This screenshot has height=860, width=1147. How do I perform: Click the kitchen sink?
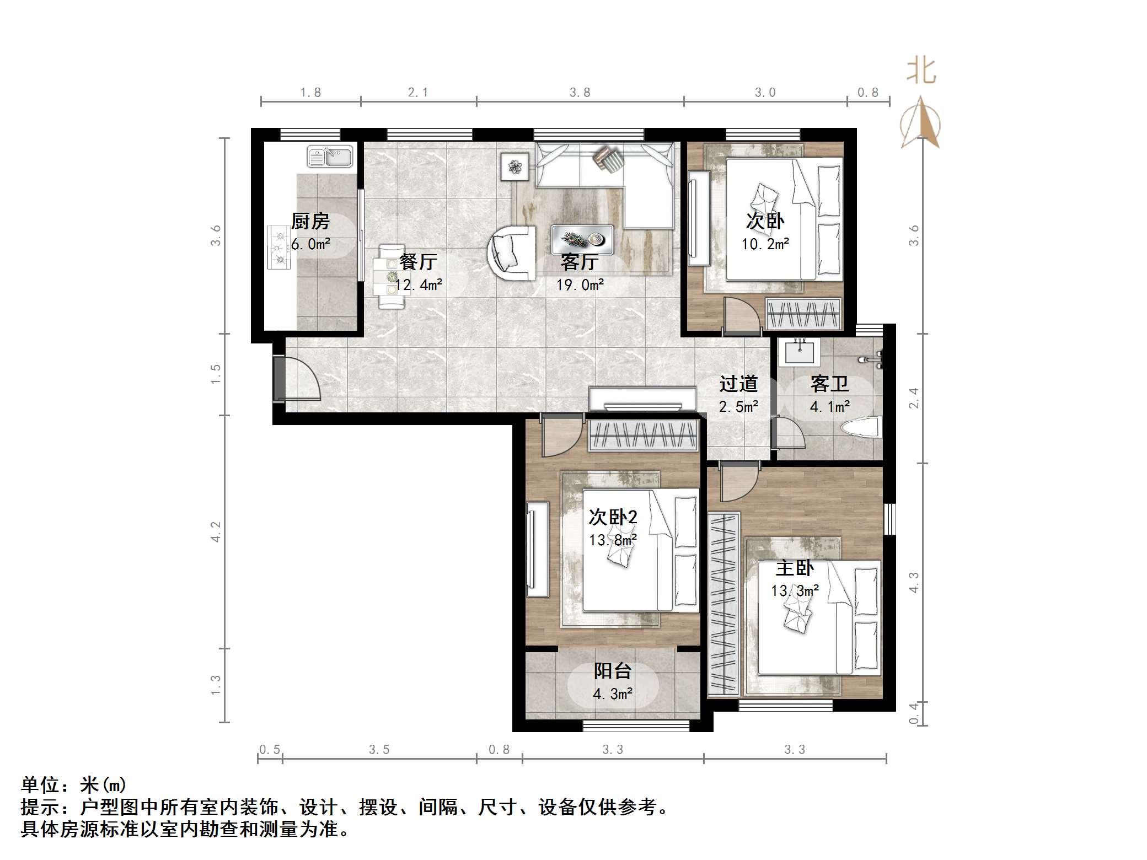(x=330, y=156)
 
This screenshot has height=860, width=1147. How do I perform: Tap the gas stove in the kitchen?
(x=279, y=248)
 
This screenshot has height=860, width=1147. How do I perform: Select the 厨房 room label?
(x=310, y=222)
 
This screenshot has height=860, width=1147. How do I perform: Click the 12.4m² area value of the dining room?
(x=419, y=285)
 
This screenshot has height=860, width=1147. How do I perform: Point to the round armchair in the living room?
(x=511, y=252)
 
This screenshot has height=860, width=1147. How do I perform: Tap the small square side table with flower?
(x=515, y=166)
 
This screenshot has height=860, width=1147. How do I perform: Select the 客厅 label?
(x=580, y=262)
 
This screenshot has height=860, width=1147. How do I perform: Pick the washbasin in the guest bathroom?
(x=799, y=352)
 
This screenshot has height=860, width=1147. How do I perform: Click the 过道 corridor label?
(x=738, y=384)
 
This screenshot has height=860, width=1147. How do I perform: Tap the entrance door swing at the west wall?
(x=297, y=379)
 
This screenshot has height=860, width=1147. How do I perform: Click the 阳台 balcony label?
(x=613, y=671)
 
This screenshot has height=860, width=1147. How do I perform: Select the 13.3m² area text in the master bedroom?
(x=795, y=591)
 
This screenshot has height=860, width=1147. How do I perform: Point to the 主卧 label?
(x=795, y=568)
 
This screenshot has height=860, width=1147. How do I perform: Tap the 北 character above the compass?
(x=921, y=71)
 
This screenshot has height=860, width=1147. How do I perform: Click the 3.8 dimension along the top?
(x=580, y=93)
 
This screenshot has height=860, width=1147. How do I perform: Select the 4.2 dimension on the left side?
(x=216, y=532)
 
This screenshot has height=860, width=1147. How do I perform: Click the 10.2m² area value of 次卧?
(x=765, y=244)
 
